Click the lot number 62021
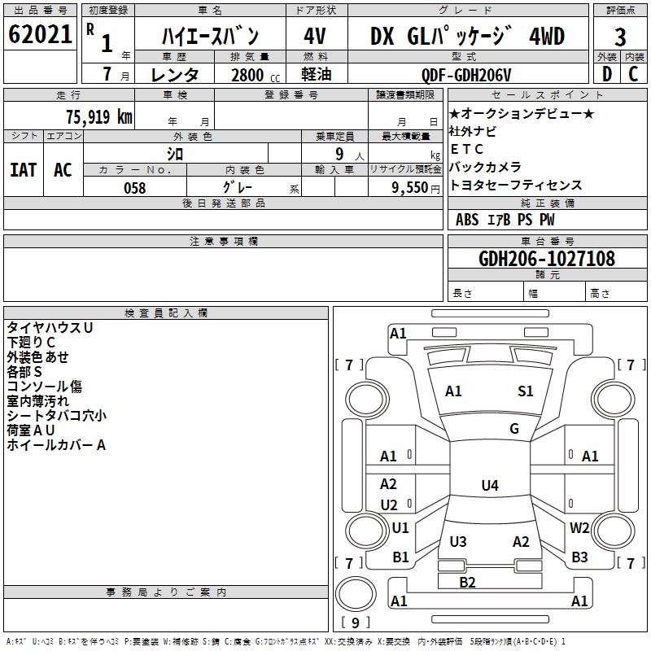39,37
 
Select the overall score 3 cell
620,37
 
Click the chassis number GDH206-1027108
547,259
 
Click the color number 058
134,187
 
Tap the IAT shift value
23,170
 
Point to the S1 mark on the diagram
526,391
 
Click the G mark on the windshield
514,429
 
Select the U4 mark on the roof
489,486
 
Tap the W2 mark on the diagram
579,528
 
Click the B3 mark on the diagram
579,557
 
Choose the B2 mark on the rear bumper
467,582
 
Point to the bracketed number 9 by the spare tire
354,623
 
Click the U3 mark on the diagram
458,542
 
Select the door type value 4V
316,37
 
